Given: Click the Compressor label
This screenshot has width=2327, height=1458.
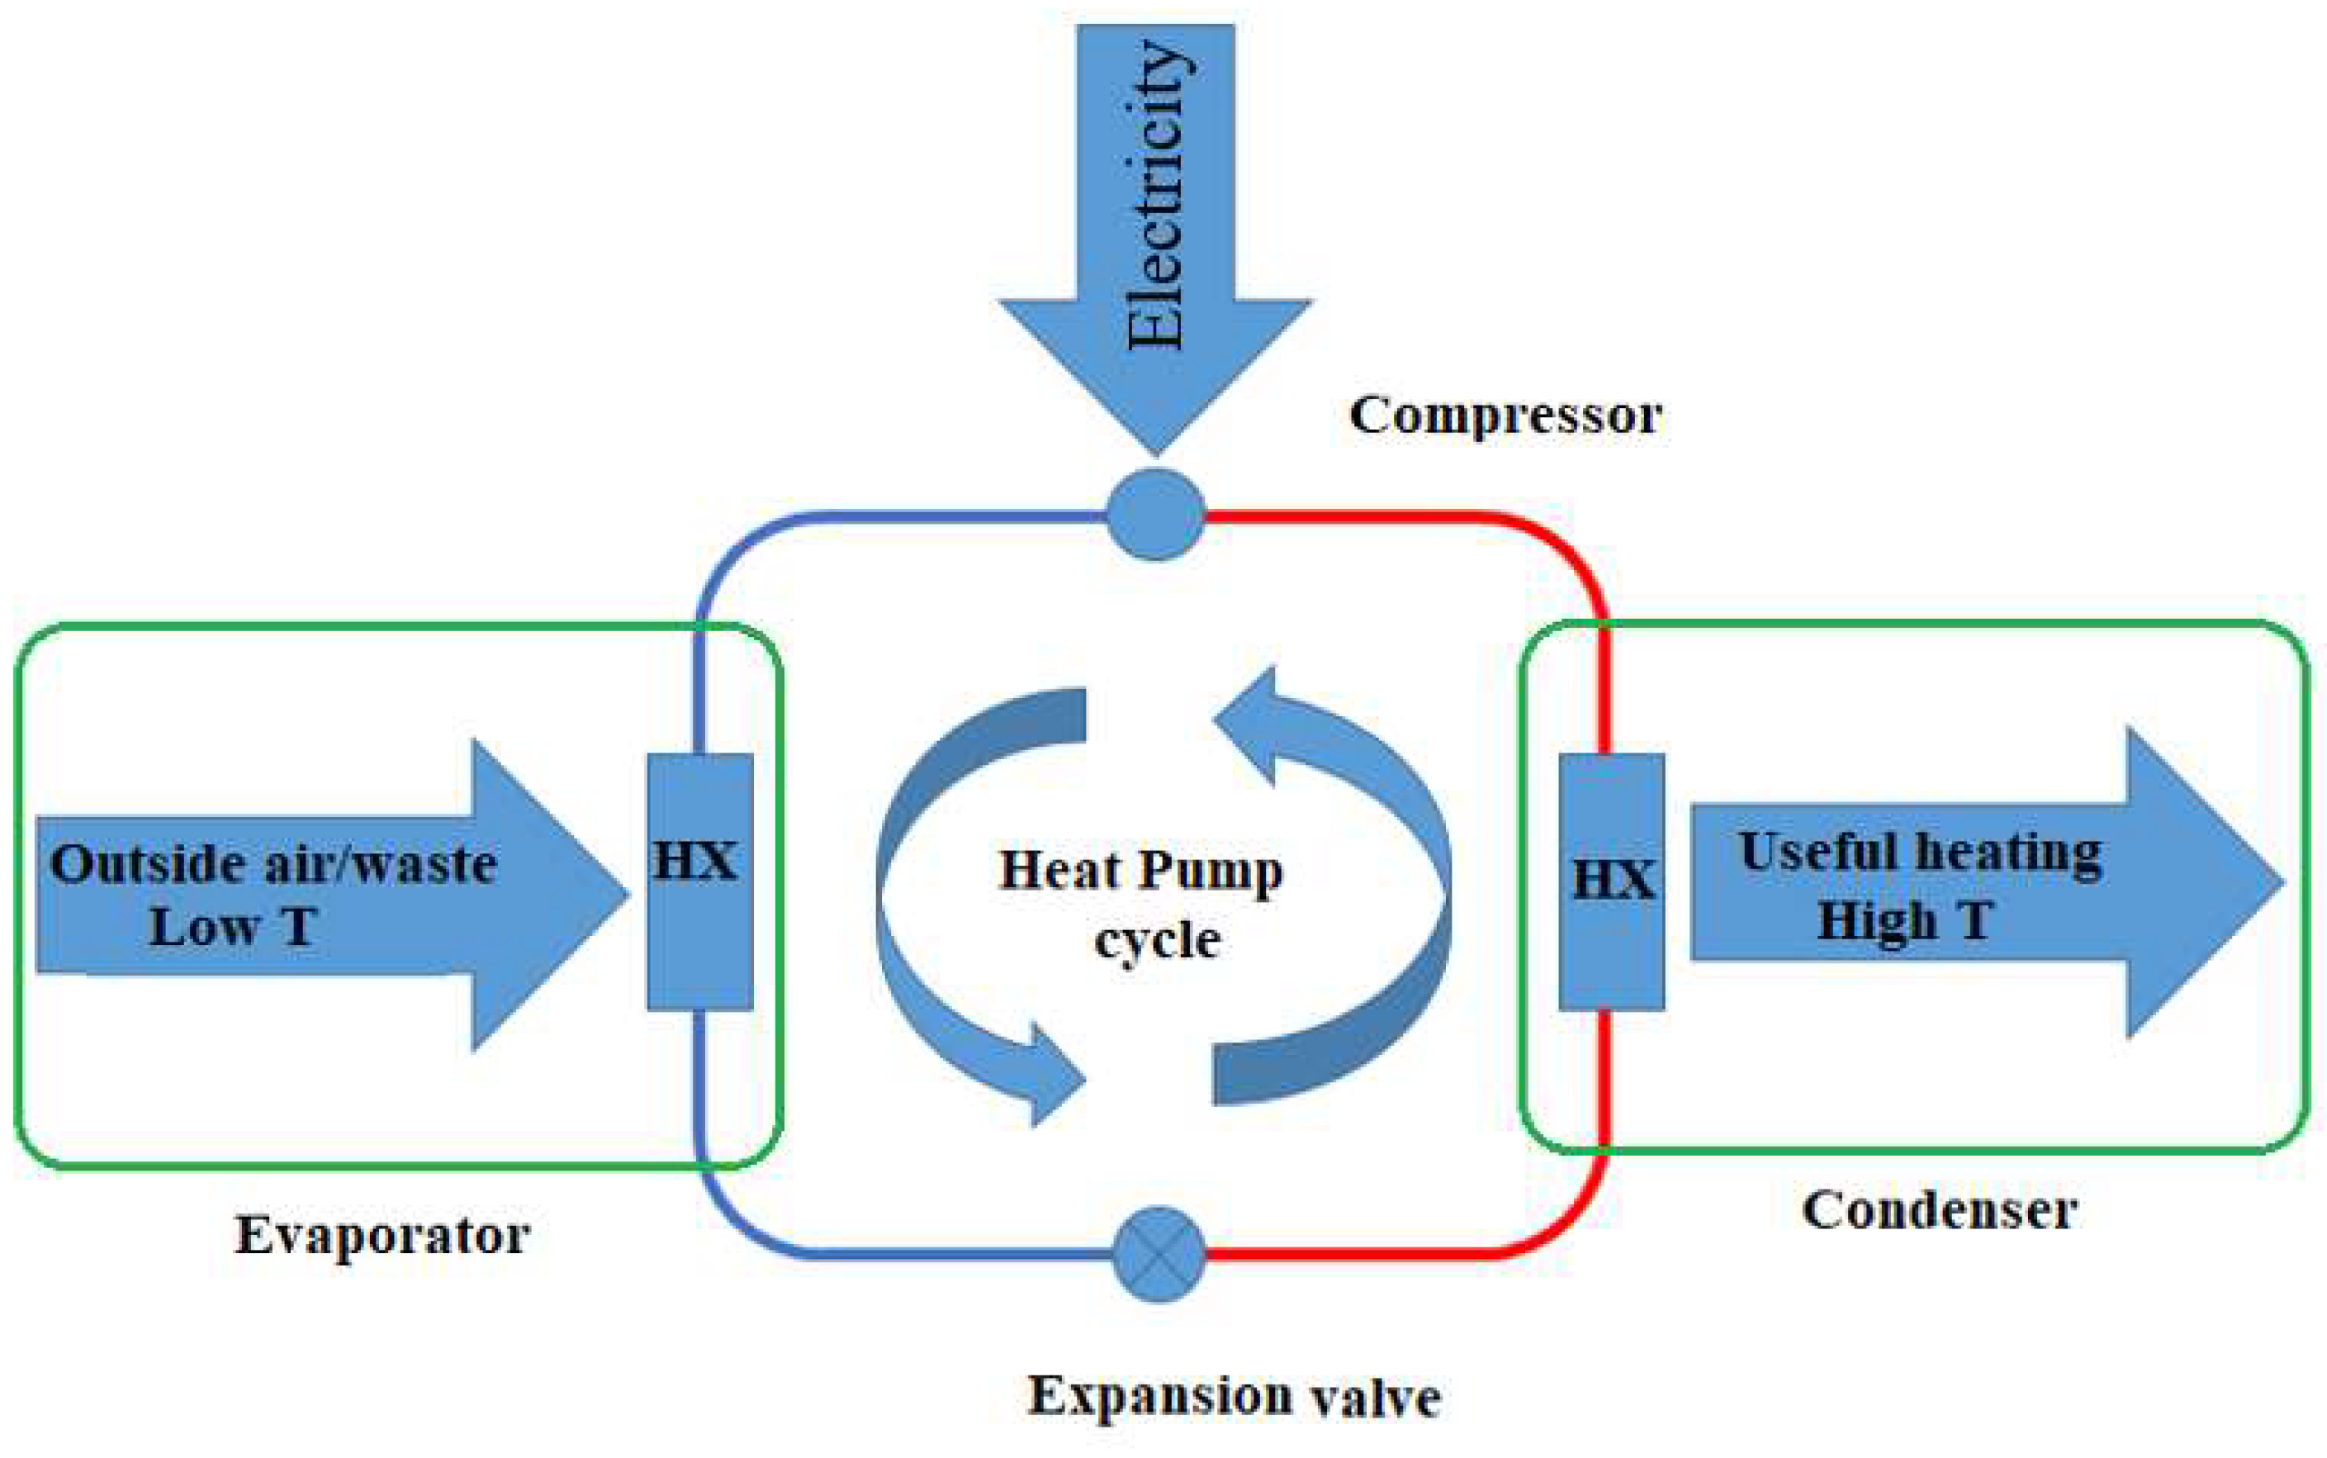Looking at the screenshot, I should [1505, 416].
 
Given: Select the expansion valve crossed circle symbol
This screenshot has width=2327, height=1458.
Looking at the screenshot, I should [1159, 1254].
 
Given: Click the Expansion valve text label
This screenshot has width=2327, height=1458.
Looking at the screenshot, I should [1234, 1397].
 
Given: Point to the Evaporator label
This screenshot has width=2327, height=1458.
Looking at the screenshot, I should [382, 1235].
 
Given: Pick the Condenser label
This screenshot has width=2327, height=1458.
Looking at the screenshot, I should [1940, 1211].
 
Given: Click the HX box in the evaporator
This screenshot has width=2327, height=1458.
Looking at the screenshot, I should [699, 881].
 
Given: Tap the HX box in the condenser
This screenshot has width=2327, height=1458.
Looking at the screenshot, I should [1612, 881].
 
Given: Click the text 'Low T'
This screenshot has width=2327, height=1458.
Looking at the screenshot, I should [234, 927].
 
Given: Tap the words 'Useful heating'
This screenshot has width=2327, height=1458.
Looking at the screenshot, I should [1920, 852].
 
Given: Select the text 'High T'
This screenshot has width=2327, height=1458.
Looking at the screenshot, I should [1905, 920].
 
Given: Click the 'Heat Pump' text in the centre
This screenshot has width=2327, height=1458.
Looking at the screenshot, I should [1141, 870].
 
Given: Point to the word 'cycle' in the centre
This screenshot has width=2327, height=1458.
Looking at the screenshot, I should [1157, 939].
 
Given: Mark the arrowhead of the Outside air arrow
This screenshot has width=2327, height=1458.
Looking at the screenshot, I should [559, 895].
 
